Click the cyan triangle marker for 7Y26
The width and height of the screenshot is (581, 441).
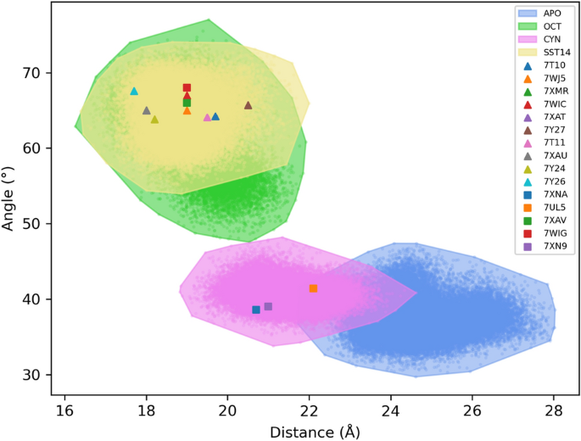coord(134,91)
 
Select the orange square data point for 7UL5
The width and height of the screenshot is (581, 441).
coord(313,288)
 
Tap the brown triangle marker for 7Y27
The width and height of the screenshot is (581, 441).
coord(248,105)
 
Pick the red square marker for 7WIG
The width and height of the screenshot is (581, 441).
coord(187,87)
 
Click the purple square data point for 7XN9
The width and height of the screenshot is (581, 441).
coord(268,306)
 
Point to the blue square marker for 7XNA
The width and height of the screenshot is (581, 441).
coord(256,310)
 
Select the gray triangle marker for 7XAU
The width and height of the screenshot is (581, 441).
coord(146,110)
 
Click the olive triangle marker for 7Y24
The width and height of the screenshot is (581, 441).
coord(154,119)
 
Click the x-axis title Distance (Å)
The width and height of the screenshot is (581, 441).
coord(309,431)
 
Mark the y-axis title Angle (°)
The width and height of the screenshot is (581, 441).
coord(10,198)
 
